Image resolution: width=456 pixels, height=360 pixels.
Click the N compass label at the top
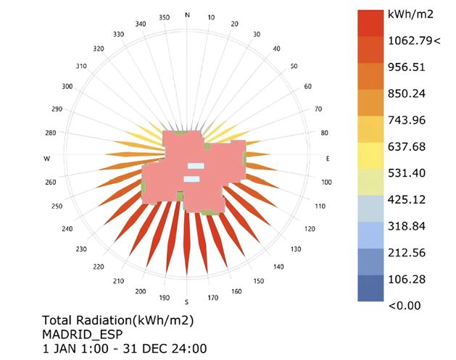pyautogui.click(x=188, y=15)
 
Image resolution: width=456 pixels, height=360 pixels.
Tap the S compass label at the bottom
pyautogui.click(x=187, y=301)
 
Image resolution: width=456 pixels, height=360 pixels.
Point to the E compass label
pyautogui.click(x=328, y=158)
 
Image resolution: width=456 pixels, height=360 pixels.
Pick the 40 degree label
pyautogui.click(x=275, y=49)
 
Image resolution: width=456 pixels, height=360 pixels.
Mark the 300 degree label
pyautogui.click(x=67, y=86)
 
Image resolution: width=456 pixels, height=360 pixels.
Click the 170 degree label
pyautogui.click(x=212, y=297)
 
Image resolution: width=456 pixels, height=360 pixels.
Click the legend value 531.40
pyautogui.click(x=406, y=173)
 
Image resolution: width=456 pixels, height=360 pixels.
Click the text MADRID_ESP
pyautogui.click(x=80, y=334)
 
